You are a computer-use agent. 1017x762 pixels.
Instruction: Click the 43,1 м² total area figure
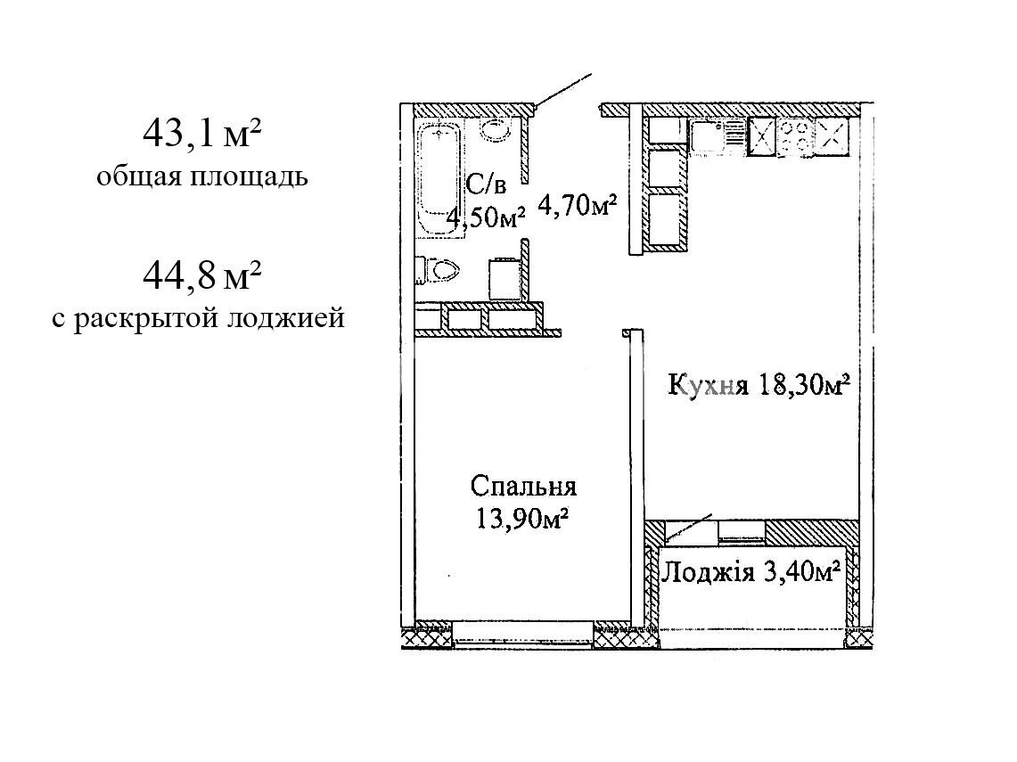click(202, 135)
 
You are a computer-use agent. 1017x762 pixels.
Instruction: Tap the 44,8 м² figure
click(202, 275)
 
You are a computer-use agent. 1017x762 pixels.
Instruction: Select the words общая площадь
click(202, 176)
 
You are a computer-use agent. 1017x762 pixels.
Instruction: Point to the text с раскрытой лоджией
click(199, 318)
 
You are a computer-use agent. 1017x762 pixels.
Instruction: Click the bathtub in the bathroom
click(439, 180)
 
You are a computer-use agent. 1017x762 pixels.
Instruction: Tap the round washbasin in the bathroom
click(496, 128)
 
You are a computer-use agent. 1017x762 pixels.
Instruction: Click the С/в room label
click(486, 185)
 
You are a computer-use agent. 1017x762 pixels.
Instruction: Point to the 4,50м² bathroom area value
click(485, 217)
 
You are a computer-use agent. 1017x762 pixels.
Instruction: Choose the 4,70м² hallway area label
click(577, 206)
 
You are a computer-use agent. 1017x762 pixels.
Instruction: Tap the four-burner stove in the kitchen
click(797, 137)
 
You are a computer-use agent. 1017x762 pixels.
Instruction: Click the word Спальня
click(523, 486)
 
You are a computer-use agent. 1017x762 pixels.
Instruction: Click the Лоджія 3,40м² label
click(751, 572)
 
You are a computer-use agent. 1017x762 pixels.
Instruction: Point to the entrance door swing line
click(562, 89)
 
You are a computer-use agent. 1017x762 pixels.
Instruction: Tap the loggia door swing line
click(689, 528)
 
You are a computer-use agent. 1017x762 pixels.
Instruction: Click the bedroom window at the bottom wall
click(523, 633)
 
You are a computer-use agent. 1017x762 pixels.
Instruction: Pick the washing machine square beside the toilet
click(504, 280)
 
